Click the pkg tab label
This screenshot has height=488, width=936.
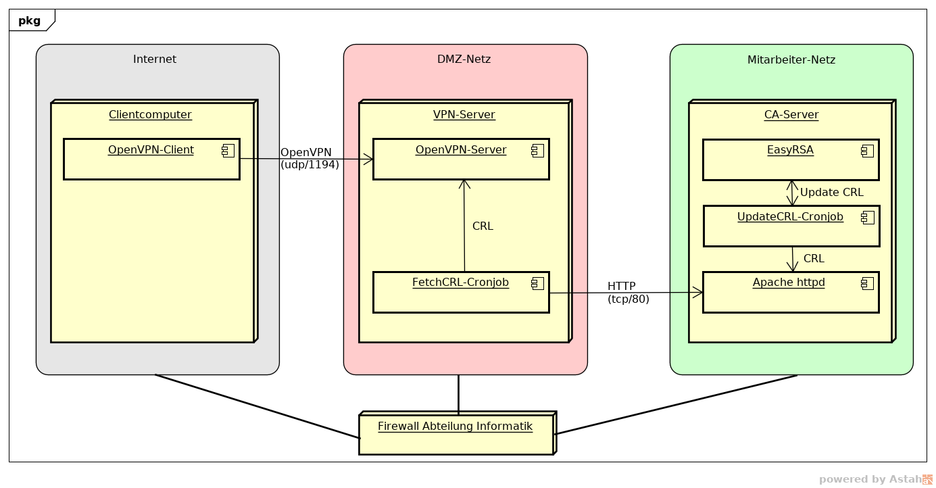[29, 21]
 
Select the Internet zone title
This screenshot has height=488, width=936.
[155, 59]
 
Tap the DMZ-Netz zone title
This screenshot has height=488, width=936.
[464, 59]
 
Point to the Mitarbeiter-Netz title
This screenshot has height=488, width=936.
[791, 59]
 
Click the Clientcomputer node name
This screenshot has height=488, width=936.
[150, 114]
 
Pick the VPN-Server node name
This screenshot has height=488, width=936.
[464, 114]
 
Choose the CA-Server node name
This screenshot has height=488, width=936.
[791, 114]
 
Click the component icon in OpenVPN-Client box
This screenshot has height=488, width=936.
[228, 151]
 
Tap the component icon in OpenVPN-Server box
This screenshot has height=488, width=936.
[538, 151]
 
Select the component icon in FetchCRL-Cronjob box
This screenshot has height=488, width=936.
[538, 284]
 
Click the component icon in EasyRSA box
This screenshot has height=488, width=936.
[868, 151]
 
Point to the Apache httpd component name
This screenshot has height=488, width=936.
[789, 283]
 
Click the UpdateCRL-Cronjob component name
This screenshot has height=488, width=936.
[790, 217]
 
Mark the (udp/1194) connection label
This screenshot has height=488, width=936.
[310, 165]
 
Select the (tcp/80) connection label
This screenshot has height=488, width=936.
[628, 299]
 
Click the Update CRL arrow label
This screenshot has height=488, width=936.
[831, 192]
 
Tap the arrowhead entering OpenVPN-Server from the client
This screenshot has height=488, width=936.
[368, 160]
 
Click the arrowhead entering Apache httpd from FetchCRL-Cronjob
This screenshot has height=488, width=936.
[698, 293]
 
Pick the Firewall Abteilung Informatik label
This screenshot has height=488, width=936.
[455, 426]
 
